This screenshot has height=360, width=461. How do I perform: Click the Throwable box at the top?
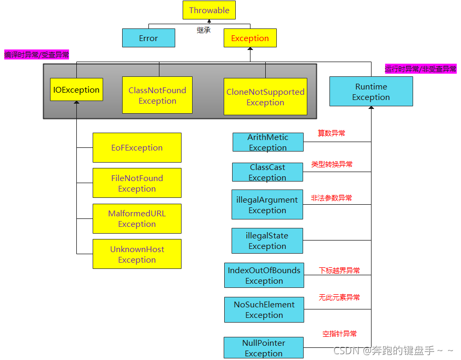[x=209, y=11]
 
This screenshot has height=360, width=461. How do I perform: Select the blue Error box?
[x=148, y=38]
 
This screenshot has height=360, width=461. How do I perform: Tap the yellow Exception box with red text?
[x=250, y=38]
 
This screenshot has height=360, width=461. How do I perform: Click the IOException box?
[x=76, y=89]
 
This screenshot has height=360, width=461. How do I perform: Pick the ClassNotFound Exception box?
[x=157, y=95]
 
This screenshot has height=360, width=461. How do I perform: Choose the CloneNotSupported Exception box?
[x=265, y=97]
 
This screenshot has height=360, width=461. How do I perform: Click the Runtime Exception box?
[x=371, y=92]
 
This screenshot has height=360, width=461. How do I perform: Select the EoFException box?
[x=137, y=147]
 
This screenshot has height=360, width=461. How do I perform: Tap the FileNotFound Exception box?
[x=137, y=183]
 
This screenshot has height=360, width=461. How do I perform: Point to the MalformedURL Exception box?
[x=137, y=218]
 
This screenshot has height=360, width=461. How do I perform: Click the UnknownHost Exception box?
[x=137, y=254]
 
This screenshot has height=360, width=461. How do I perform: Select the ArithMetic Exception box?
[x=268, y=142]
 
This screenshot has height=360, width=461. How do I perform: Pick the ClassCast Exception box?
[x=267, y=172]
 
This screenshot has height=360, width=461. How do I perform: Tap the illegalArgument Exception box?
[x=267, y=205]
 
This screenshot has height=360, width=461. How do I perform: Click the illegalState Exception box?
[x=267, y=241]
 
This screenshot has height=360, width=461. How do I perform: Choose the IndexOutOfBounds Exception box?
[x=264, y=275]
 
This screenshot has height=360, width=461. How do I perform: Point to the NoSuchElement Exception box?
[x=264, y=309]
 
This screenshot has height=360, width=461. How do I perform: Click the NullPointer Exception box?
[x=264, y=348]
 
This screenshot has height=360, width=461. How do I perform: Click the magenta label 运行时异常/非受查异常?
[x=420, y=69]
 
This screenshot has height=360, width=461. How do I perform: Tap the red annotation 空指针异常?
[x=339, y=334]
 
